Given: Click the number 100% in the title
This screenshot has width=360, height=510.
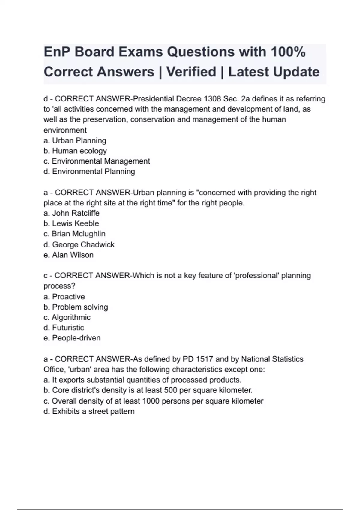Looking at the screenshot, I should (x=288, y=52).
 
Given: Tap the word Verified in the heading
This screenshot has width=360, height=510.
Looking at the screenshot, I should (x=191, y=72).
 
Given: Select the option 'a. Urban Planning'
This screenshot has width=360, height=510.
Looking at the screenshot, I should (x=75, y=140).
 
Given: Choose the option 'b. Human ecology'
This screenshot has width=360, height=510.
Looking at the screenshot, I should (x=75, y=151).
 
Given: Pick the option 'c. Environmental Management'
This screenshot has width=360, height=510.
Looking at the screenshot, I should (x=97, y=161).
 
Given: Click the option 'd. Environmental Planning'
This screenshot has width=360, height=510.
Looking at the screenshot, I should (x=89, y=171).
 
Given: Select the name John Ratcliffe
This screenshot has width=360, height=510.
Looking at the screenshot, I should (x=76, y=213).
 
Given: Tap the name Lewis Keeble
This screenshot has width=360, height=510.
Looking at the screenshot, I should (x=75, y=223).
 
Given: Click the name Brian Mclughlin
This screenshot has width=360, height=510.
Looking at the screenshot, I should (x=78, y=234).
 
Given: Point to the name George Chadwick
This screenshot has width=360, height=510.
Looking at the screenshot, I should (x=83, y=244).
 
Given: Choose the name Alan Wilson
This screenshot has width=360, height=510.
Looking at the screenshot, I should (x=73, y=255).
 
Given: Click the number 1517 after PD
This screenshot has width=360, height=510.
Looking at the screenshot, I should (x=204, y=359).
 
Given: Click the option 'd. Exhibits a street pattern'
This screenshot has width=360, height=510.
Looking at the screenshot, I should (x=89, y=411).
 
